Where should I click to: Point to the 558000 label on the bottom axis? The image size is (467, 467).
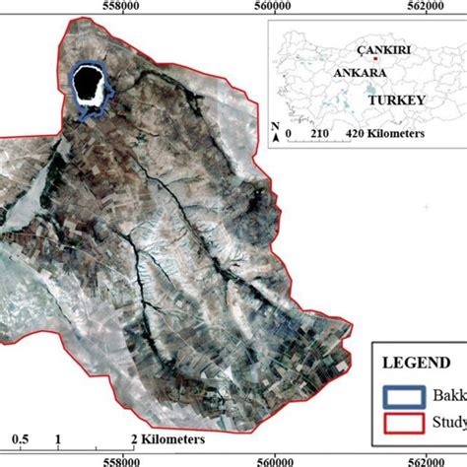121,459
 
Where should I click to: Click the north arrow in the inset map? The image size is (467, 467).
275,128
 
